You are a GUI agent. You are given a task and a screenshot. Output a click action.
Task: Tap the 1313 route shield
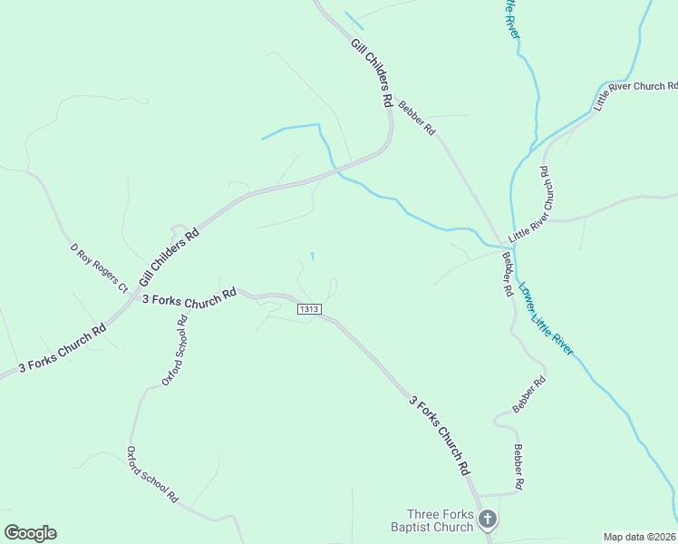pyautogui.click(x=309, y=309)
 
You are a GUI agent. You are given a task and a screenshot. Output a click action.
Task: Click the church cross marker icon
pyautogui.click(x=488, y=520)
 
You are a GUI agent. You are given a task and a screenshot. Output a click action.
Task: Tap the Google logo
pyautogui.click(x=30, y=533)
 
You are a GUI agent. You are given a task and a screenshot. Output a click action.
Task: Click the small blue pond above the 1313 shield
pyautogui.click(x=313, y=257)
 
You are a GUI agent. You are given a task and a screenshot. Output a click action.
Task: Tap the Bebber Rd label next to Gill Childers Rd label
pyautogui.click(x=418, y=119)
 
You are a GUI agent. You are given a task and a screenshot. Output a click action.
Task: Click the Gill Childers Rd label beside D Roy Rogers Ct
pyautogui.click(x=169, y=257)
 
